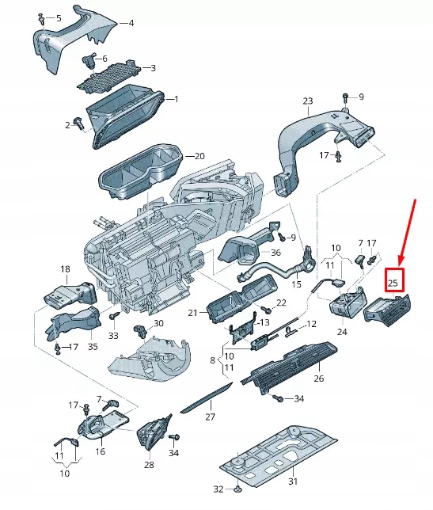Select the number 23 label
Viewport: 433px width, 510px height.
click(308, 101)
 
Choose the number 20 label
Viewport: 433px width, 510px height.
click(199, 156)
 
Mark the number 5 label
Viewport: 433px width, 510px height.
click(58, 17)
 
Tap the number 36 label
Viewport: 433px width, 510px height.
click(275, 253)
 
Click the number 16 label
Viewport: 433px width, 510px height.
click(100, 451)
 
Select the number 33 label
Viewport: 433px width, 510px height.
click(112, 336)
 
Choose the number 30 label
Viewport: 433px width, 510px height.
click(158, 323)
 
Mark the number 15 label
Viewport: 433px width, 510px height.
click(297, 284)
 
